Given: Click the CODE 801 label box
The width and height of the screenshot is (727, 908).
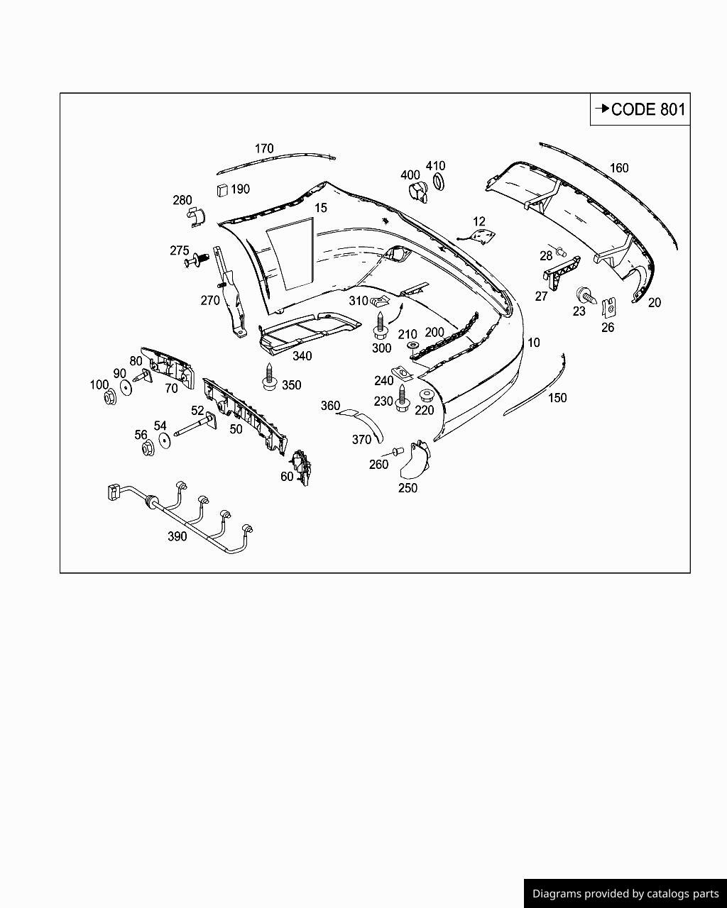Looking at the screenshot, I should point(640,109).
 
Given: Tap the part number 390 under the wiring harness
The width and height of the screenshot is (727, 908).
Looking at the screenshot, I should point(177,536).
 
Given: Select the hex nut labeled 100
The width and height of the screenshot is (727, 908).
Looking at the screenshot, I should point(110,397).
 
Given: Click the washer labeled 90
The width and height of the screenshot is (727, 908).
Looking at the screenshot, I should point(126,387).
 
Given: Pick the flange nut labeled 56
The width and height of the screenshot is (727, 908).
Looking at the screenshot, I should point(148,448).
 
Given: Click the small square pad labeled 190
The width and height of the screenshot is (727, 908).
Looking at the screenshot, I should point(222,189).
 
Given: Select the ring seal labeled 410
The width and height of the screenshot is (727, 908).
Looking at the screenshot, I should point(439,182).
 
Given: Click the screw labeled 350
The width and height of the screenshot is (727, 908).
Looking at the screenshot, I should point(269,377).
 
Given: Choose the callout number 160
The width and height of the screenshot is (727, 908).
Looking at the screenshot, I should point(619,168).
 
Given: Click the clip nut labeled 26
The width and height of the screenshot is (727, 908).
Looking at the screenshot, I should point(608,308).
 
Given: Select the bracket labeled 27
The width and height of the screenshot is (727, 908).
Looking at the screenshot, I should point(560,271).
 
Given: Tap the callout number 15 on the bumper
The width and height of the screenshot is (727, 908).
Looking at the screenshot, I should point(321,208).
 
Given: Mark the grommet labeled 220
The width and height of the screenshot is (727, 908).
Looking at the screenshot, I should point(427,396).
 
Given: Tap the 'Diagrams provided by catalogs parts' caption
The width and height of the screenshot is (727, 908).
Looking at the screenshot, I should point(625,894).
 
